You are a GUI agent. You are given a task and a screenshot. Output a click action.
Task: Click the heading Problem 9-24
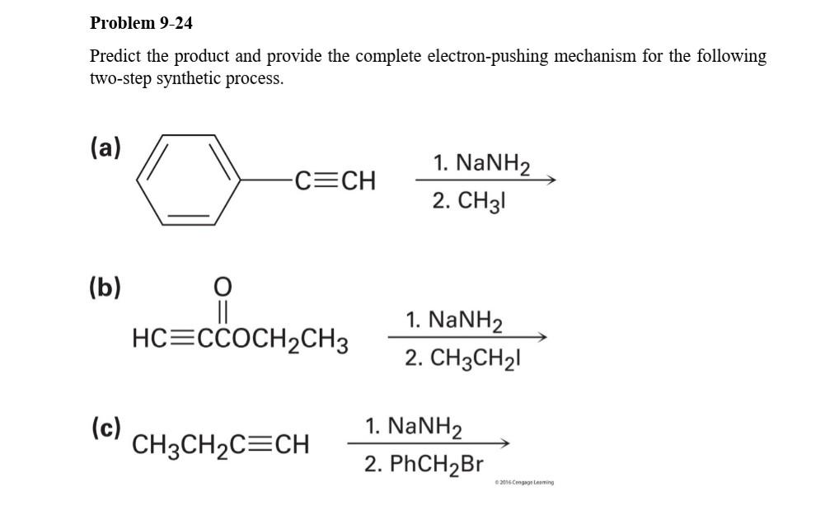[141, 23]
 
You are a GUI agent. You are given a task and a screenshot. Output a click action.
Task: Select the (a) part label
[105, 148]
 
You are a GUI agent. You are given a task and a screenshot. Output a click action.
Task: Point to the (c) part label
[106, 427]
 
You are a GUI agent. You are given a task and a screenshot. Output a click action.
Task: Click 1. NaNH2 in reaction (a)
[480, 163]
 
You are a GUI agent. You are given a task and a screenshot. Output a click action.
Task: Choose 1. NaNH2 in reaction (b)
[455, 320]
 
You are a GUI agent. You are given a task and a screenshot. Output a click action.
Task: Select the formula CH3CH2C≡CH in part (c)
[221, 446]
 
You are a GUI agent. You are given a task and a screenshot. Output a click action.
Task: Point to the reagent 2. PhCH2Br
[424, 464]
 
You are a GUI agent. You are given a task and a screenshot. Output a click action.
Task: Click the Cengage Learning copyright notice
[524, 482]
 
